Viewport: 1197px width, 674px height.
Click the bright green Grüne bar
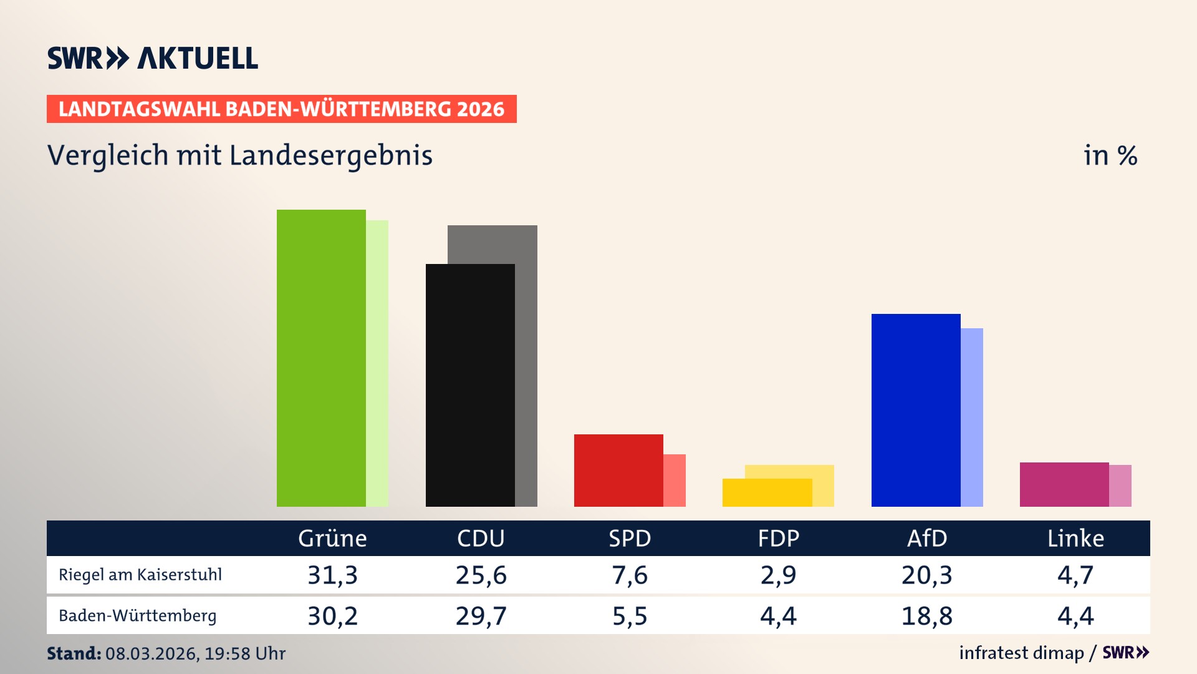tap(321, 358)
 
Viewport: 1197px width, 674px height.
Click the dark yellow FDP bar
tap(767, 492)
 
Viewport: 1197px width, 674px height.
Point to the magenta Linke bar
tap(1064, 484)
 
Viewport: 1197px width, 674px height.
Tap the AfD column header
tap(926, 538)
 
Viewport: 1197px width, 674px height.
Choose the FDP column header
tap(778, 538)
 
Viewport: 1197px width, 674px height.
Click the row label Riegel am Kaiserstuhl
tap(140, 575)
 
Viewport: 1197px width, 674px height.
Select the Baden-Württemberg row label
tap(138, 616)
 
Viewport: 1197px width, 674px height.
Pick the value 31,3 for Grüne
tap(332, 575)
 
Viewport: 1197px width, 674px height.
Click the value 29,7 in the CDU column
tap(481, 616)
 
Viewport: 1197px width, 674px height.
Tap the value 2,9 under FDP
tap(778, 575)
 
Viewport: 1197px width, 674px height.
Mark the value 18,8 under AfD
tap(926, 616)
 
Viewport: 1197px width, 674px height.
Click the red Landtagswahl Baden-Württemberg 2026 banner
tap(281, 109)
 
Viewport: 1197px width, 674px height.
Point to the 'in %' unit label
tap(1110, 155)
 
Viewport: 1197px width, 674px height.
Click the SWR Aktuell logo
tap(153, 58)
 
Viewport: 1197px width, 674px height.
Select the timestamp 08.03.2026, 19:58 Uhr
tap(195, 653)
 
